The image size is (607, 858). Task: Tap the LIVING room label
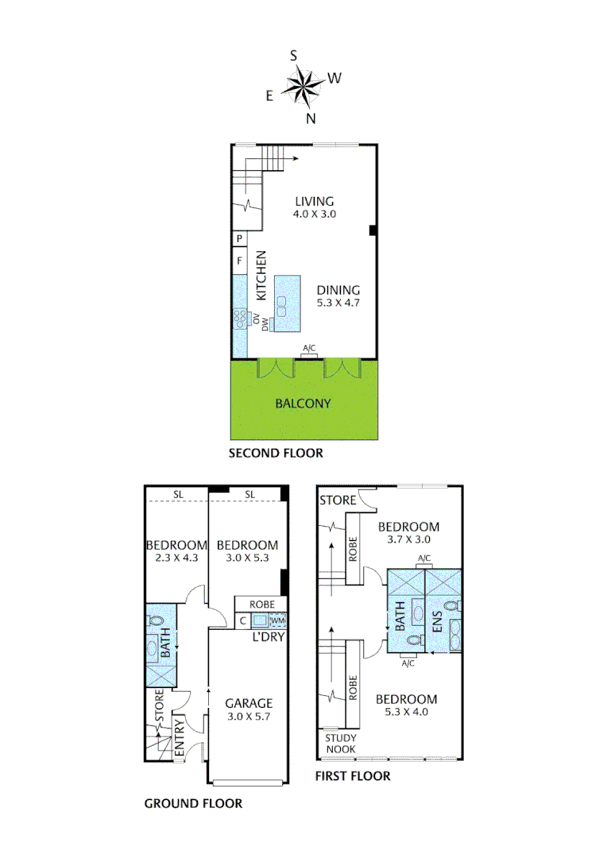click(x=313, y=201)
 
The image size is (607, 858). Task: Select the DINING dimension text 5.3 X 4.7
click(x=338, y=303)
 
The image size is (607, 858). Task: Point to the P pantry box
click(x=239, y=238)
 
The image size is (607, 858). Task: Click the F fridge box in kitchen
click(x=239, y=260)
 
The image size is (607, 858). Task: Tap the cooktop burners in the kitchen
click(x=240, y=319)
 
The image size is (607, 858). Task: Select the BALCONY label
click(x=303, y=403)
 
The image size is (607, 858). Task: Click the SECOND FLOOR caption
click(x=276, y=454)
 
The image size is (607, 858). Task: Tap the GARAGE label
click(x=249, y=703)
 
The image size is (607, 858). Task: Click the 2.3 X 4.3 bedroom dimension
click(x=176, y=558)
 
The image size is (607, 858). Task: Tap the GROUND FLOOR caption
click(x=193, y=803)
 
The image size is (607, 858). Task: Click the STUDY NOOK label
click(x=341, y=744)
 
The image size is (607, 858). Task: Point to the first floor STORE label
click(x=338, y=500)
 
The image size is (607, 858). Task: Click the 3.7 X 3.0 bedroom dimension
click(x=408, y=539)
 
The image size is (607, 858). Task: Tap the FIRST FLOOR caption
click(x=353, y=775)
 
